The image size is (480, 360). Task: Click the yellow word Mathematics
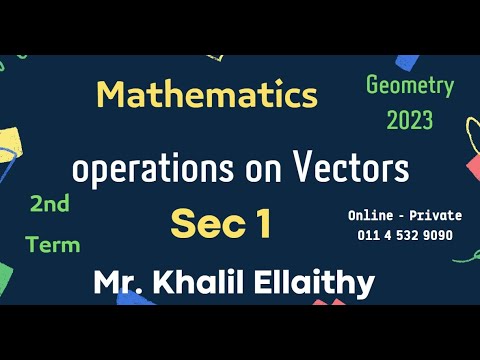(207, 96)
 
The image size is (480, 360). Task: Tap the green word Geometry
(410, 87)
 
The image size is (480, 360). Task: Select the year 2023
(410, 121)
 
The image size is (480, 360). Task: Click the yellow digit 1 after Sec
(262, 223)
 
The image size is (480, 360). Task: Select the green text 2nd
(50, 205)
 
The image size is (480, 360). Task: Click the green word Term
(53, 244)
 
